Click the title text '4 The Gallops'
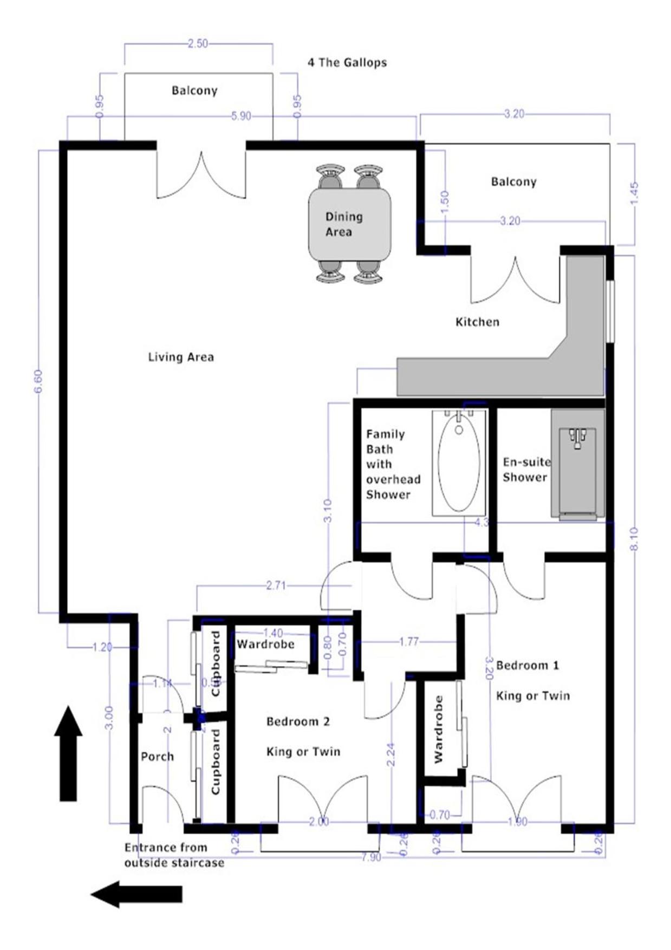[x=347, y=62]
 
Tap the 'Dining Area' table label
[x=343, y=224]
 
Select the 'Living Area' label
[x=181, y=357]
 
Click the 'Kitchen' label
[x=477, y=322]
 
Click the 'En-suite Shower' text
[x=525, y=470]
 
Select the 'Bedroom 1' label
[x=527, y=665]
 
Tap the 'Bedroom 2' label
[x=298, y=721]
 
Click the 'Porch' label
[x=157, y=757]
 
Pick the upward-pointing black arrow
[x=68, y=752]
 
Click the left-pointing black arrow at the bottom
[x=136, y=894]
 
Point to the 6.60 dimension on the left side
[x=38, y=382]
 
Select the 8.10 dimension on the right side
[x=634, y=539]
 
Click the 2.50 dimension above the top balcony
[x=198, y=43]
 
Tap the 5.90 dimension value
[x=241, y=116]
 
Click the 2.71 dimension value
[x=276, y=585]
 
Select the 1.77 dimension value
[x=409, y=642]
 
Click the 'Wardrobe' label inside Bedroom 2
[x=265, y=644]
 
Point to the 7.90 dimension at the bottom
[x=371, y=857]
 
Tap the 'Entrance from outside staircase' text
[x=174, y=855]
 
